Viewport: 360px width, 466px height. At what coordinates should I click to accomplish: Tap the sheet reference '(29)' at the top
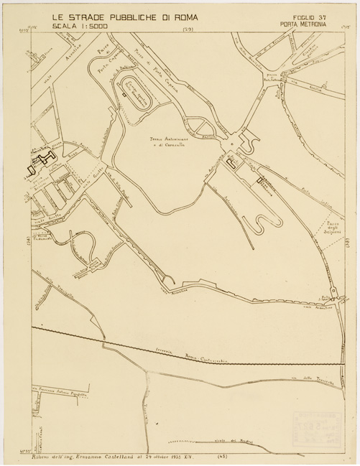point(189,29)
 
